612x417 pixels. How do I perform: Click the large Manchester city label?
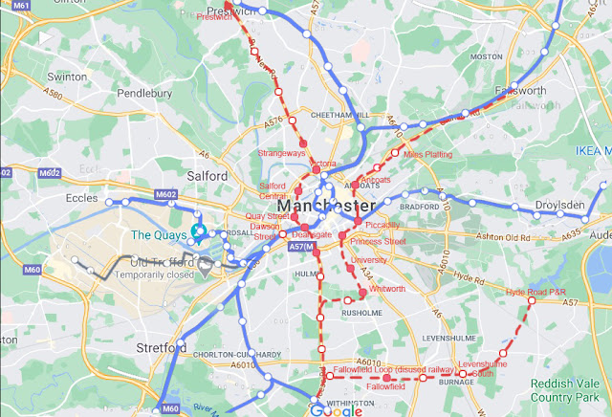click(x=326, y=206)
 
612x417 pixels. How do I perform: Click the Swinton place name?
click(x=67, y=76)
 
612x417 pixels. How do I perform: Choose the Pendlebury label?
click(x=143, y=94)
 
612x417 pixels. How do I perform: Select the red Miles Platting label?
click(x=427, y=154)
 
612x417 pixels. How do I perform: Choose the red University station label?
click(x=368, y=259)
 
